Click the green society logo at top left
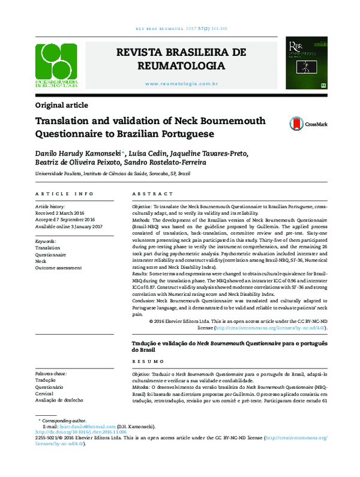(56, 66)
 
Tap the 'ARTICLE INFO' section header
(65, 195)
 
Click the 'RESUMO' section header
(145, 362)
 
